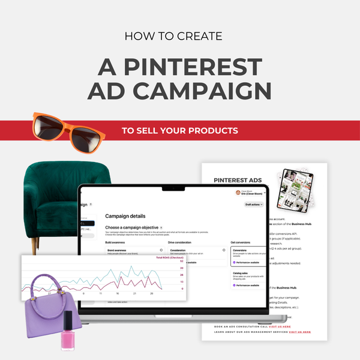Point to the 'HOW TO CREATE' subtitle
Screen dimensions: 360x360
click(x=173, y=37)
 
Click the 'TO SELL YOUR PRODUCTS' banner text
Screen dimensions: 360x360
click(x=179, y=130)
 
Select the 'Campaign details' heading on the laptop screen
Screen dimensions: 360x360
click(x=125, y=216)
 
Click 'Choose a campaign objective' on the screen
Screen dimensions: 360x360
click(x=131, y=228)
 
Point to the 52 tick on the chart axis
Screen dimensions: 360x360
click(x=181, y=262)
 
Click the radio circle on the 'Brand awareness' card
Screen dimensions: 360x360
click(x=161, y=250)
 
